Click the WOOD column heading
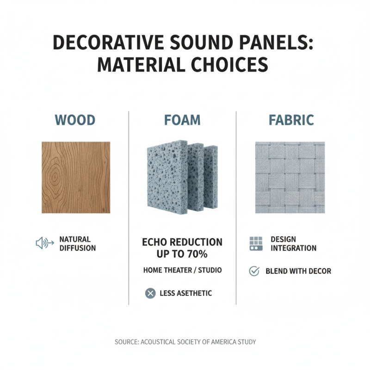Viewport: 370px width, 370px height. [75, 120]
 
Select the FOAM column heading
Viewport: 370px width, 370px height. [182, 120]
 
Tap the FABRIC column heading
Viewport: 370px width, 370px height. [291, 120]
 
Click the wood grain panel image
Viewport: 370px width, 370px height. [76, 177]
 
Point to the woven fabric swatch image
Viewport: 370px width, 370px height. [290, 177]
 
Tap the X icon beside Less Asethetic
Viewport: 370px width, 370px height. [150, 293]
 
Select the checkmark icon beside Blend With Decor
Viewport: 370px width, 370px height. [254, 271]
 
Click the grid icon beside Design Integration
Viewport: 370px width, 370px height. [255, 244]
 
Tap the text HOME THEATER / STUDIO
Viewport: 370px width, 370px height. [182, 270]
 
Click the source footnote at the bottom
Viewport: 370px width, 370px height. [185, 342]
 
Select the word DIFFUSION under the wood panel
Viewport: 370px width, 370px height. [78, 248]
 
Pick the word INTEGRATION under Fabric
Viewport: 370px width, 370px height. [294, 248]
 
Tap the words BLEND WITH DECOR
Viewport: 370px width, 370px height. [298, 271]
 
